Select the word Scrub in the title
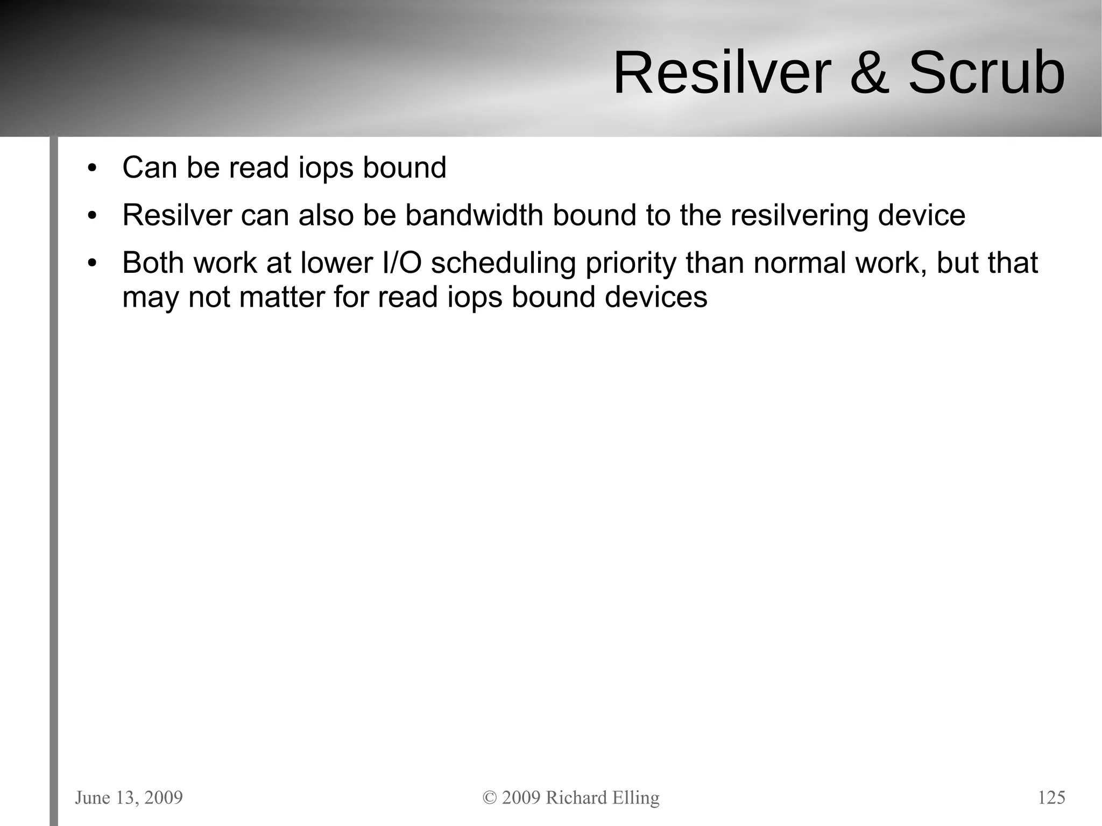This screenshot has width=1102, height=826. [x=986, y=73]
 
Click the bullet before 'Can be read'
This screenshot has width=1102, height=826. [x=92, y=168]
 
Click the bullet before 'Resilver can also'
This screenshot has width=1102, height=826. [x=92, y=216]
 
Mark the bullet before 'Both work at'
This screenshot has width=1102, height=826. [x=92, y=264]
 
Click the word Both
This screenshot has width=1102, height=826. [x=153, y=263]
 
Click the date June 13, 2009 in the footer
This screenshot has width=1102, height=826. [x=129, y=797]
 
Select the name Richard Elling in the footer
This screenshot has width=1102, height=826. [x=602, y=797]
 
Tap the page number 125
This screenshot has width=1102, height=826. [x=1051, y=797]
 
